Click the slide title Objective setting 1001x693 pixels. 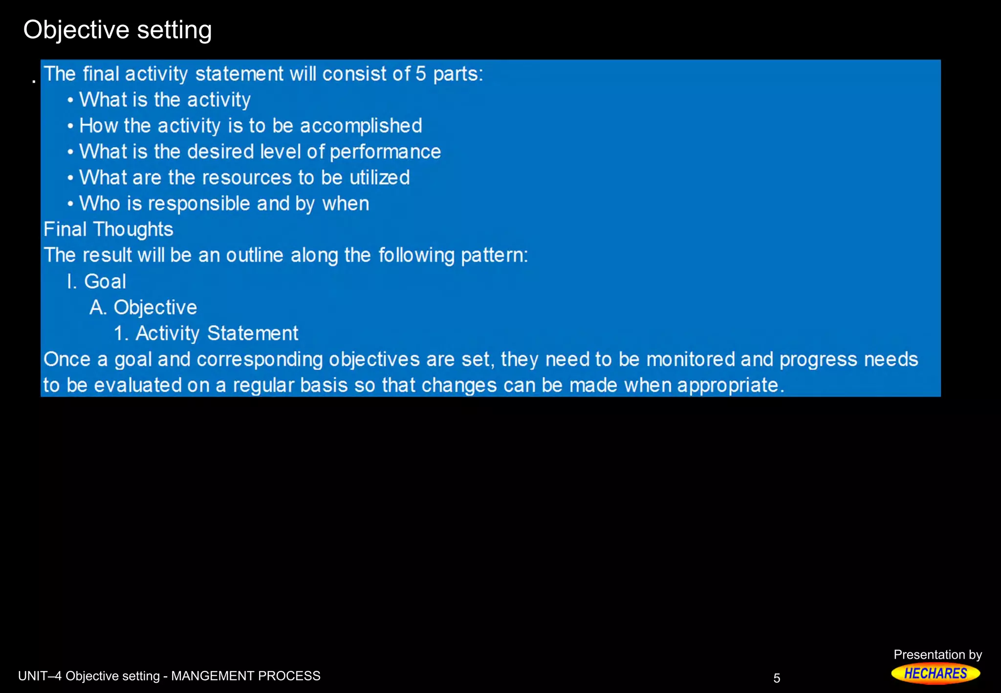117,30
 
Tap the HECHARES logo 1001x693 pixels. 935,673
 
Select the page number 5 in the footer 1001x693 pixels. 777,678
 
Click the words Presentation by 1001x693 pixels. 937,654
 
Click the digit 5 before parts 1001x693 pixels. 421,74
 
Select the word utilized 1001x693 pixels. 379,178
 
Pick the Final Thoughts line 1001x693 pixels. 109,229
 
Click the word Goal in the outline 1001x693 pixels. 105,281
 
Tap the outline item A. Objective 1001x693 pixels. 143,307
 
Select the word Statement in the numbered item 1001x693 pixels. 253,334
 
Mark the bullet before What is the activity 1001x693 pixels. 70,100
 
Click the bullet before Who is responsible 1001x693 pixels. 70,204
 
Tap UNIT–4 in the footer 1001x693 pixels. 40,676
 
